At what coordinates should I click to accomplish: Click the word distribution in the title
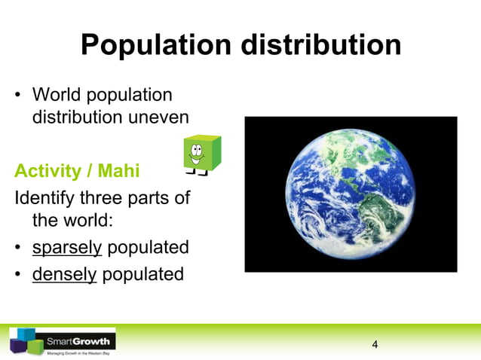321,45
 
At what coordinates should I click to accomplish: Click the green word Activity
47,171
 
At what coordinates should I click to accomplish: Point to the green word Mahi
116,171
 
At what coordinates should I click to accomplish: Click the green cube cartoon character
202,154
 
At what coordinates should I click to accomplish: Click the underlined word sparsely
66,248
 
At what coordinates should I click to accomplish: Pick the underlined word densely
64,273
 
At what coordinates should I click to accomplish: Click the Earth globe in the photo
351,194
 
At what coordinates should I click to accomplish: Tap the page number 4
375,345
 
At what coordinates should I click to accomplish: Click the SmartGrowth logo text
78,341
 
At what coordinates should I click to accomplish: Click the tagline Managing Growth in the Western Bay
78,352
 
